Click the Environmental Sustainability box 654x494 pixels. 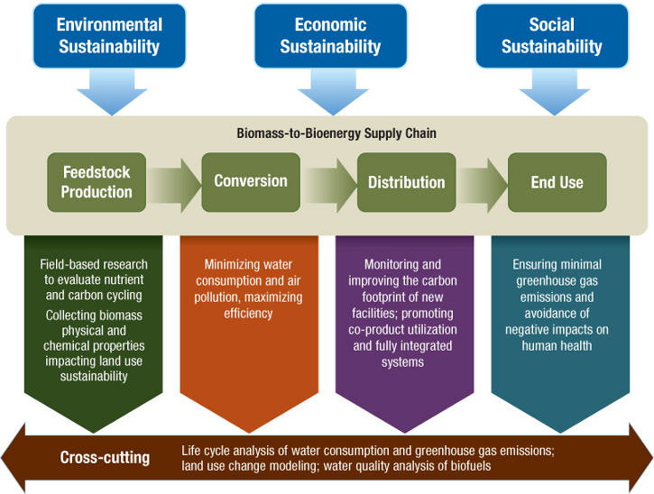(x=110, y=36)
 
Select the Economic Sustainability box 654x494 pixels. (x=330, y=36)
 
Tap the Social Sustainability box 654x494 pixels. (x=551, y=36)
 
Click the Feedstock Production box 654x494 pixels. (x=97, y=181)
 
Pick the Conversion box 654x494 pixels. (x=250, y=181)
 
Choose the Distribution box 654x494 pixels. (x=406, y=182)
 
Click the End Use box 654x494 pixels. (x=557, y=182)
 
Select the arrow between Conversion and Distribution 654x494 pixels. (x=328, y=182)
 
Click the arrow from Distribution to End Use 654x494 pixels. (x=483, y=182)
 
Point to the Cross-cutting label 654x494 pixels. (x=105, y=457)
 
